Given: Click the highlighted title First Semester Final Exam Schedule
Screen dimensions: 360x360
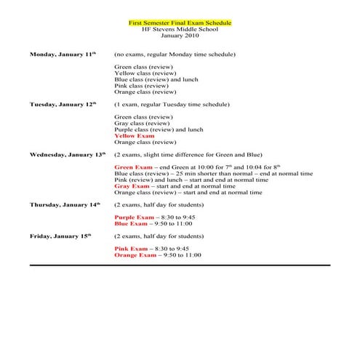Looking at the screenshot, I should [x=180, y=23].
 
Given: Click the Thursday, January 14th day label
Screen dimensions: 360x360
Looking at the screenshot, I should [x=65, y=205].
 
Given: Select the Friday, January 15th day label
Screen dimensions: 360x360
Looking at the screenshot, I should [x=60, y=236].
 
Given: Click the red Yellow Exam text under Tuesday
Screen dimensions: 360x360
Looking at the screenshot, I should [x=135, y=136].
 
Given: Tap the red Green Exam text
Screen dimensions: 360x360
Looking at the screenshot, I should [x=132, y=168].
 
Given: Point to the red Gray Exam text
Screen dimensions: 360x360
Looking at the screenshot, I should [x=132, y=186].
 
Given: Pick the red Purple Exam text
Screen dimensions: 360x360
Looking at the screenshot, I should [x=135, y=217].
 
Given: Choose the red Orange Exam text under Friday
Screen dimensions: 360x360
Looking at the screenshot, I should [x=135, y=255].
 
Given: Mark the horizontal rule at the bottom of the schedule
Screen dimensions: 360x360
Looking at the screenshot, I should [x=180, y=266].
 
